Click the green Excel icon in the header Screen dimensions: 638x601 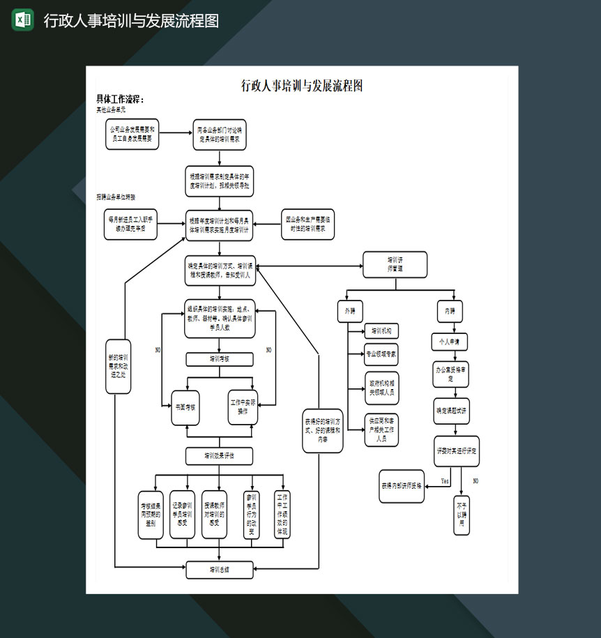(x=22, y=20)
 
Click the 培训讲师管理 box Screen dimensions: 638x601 (x=395, y=264)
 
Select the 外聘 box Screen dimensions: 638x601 (x=350, y=310)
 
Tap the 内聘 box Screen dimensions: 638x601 (x=450, y=310)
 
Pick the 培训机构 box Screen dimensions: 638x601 (x=381, y=331)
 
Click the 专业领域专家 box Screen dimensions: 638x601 (x=381, y=354)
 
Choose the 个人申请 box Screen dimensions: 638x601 (x=450, y=342)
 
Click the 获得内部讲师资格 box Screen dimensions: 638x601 (x=402, y=486)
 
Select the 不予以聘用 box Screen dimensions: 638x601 (x=462, y=517)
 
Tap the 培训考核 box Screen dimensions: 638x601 (x=220, y=359)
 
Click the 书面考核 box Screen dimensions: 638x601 (x=185, y=407)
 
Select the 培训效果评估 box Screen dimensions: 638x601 (x=220, y=456)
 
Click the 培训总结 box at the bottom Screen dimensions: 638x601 (x=220, y=570)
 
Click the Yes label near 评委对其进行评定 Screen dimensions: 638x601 (x=445, y=481)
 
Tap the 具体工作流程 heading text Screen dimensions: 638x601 (x=120, y=100)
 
